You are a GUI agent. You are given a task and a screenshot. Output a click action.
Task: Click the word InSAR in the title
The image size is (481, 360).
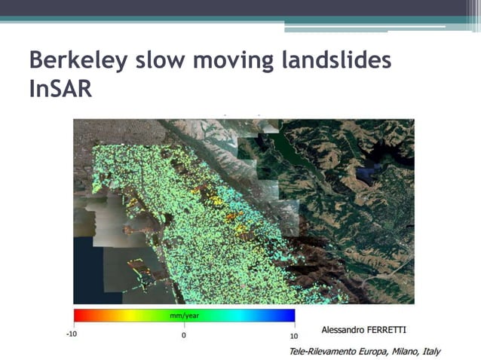click(x=60, y=89)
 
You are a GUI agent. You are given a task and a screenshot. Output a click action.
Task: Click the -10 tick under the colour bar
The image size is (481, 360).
click(x=72, y=335)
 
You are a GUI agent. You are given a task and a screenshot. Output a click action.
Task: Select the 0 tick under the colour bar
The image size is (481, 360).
click(x=184, y=335)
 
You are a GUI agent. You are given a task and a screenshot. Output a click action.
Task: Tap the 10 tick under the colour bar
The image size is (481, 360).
click(x=293, y=335)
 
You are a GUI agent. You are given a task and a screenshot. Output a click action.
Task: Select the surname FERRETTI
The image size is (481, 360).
click(x=392, y=330)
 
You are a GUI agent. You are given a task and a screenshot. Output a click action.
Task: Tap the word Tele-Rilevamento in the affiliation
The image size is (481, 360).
click(x=321, y=352)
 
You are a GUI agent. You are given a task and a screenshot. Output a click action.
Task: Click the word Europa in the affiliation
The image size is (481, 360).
click(x=370, y=352)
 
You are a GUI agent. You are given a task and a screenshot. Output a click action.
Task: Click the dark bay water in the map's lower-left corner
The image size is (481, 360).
click(x=87, y=279)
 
